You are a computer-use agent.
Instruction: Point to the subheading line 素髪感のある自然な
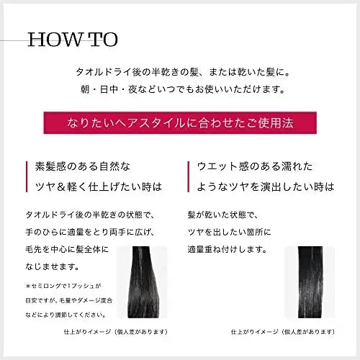(84, 166)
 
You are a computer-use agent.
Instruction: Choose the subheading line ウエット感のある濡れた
(256, 166)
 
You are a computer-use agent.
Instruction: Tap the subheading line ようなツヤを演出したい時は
(266, 186)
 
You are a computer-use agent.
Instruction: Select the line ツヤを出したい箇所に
(230, 233)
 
